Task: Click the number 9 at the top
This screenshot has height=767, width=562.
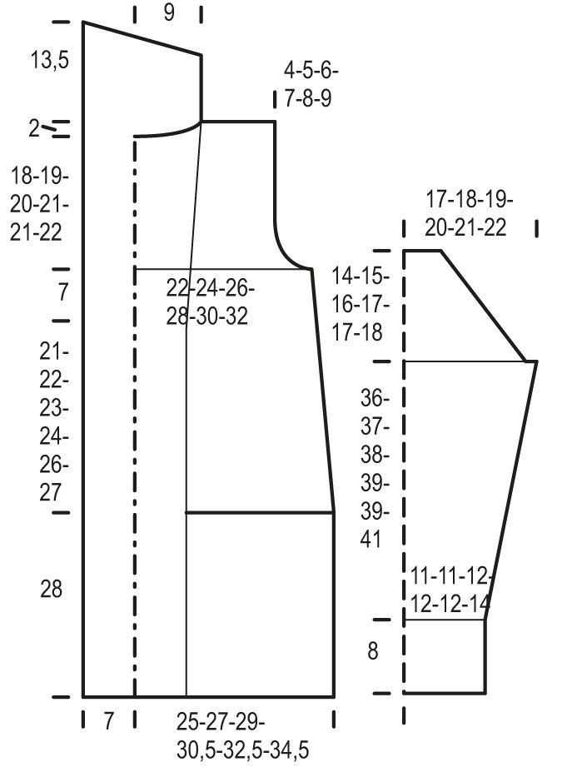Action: (x=169, y=12)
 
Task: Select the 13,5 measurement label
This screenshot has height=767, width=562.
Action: (x=50, y=60)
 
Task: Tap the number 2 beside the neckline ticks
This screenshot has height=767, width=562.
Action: (x=34, y=128)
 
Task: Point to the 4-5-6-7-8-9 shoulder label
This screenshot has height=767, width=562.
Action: (x=311, y=85)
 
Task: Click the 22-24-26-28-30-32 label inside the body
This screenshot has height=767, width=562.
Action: (x=211, y=301)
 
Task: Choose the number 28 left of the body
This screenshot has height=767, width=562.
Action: (x=51, y=589)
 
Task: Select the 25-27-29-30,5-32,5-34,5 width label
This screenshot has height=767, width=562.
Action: (x=242, y=735)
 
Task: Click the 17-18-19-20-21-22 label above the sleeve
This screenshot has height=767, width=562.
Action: (x=469, y=214)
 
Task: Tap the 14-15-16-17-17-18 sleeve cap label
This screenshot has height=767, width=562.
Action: (x=361, y=304)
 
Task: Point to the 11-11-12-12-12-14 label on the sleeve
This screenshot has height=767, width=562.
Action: (x=450, y=590)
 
